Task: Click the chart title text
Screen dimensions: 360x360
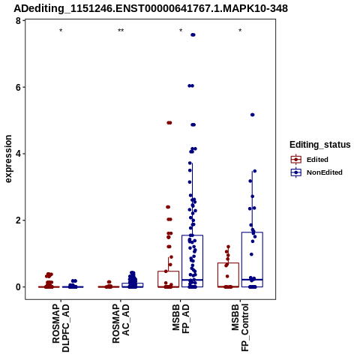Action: (x=151, y=8)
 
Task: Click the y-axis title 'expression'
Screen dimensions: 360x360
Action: (x=8, y=159)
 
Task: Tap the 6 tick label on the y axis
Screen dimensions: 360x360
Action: (x=18, y=87)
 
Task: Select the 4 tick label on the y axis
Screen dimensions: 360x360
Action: (x=18, y=154)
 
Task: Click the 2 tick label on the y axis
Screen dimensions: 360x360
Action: (x=18, y=220)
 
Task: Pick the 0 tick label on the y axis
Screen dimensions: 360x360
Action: (x=18, y=287)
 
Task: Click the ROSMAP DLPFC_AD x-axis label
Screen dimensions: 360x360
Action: (x=61, y=328)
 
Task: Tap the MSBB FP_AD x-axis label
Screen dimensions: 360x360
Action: (x=181, y=319)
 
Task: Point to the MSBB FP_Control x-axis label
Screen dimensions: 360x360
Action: (x=240, y=328)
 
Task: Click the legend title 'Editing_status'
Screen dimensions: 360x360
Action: (x=320, y=145)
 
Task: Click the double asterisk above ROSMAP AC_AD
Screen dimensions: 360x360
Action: (x=121, y=31)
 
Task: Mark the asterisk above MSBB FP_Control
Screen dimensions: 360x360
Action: (x=240, y=31)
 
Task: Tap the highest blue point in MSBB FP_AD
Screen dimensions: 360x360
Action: (x=193, y=35)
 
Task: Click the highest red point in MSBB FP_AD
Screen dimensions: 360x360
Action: (x=169, y=123)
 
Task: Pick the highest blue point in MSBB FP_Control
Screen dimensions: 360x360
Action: (x=253, y=115)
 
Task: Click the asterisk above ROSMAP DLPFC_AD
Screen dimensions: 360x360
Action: (x=61, y=31)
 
